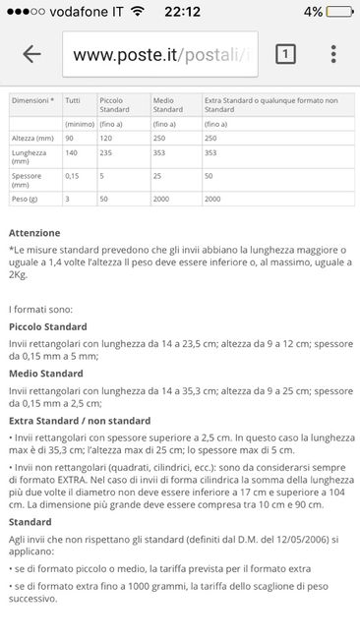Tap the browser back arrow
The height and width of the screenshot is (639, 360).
point(31,54)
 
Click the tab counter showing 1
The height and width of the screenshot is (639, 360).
point(284,54)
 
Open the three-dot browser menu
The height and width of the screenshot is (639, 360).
point(334,54)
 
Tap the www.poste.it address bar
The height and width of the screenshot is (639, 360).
point(161,54)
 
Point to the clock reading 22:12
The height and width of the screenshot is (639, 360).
point(180,12)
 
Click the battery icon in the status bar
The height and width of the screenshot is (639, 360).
point(338,12)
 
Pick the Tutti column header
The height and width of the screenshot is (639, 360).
point(73,99)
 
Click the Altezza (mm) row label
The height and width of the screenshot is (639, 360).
point(30,139)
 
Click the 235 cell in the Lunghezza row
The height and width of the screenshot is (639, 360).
point(107,152)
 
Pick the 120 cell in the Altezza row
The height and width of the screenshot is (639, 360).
point(107,139)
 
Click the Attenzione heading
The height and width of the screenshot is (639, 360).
point(33,233)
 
